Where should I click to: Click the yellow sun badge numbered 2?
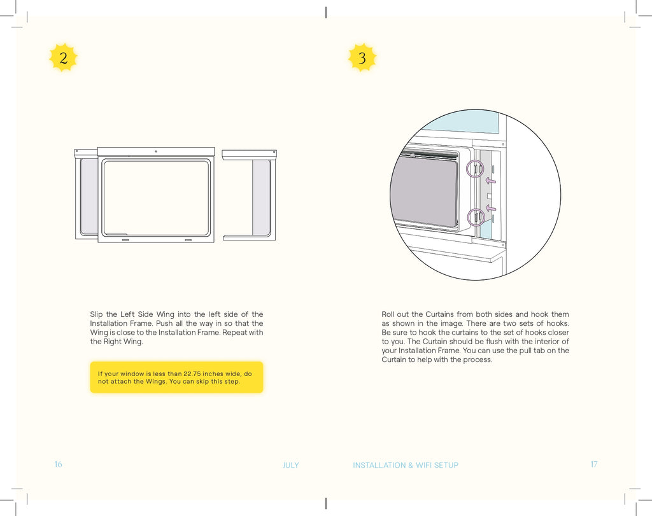[x=63, y=58]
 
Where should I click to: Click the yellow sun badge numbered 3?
[x=362, y=58]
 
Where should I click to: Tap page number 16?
[x=58, y=464]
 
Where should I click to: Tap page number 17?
[x=593, y=464]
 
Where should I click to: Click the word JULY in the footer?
[x=290, y=465]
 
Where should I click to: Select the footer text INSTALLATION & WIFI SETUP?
[x=406, y=465]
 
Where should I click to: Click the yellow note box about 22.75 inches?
[x=176, y=377]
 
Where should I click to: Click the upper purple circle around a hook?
[x=475, y=169]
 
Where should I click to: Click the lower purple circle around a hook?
[x=476, y=218]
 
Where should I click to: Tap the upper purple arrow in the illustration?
[x=491, y=181]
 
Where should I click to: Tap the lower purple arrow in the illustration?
[x=491, y=208]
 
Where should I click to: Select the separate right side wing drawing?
[x=250, y=195]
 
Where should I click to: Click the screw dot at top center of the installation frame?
[x=156, y=151]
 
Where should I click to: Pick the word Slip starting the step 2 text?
[x=96, y=314]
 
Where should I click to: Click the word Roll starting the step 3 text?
[x=388, y=314]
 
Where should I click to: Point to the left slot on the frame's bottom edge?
[x=125, y=241]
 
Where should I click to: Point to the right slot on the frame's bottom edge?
[x=188, y=241]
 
